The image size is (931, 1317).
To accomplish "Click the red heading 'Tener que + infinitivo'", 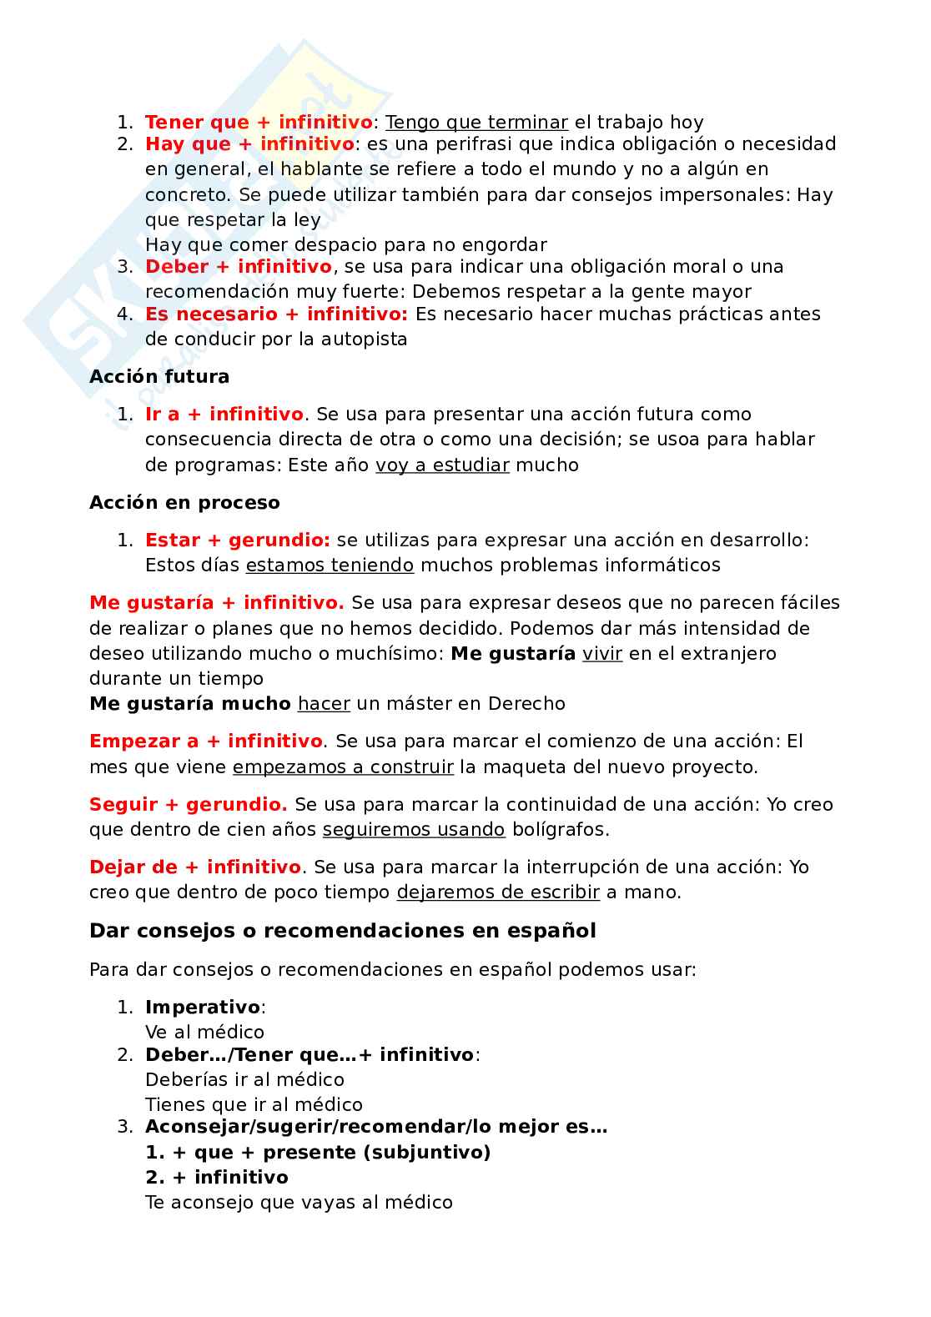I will point(259,123).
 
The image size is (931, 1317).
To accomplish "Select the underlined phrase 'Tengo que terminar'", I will point(476,123).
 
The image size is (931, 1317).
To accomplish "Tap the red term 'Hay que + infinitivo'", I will point(249,144).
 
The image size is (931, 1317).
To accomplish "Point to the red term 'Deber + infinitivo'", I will point(239,267).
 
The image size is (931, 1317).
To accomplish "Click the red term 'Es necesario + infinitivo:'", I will point(276,314).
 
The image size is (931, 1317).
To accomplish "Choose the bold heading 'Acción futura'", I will point(159,377).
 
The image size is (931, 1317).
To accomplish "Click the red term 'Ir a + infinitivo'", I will point(224,415).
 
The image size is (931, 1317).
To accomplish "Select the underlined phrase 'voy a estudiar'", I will point(442,465).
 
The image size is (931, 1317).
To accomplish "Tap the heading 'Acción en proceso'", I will point(184,503).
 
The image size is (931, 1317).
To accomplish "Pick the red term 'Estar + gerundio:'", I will point(238,540).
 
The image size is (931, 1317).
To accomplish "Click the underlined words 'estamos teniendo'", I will point(330,566).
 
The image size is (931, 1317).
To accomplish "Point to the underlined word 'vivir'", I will point(602,654).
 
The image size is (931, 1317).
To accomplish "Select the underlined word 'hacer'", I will point(324,704).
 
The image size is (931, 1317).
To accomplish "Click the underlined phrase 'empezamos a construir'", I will point(343,767).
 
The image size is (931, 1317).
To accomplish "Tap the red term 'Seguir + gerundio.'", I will point(188,805).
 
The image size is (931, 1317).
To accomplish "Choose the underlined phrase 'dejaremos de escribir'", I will point(498,892).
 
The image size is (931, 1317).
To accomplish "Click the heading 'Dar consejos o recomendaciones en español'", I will point(343,931).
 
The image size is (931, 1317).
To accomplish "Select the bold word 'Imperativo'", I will point(203,1008).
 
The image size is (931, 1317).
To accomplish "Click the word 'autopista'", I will point(365,339).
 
